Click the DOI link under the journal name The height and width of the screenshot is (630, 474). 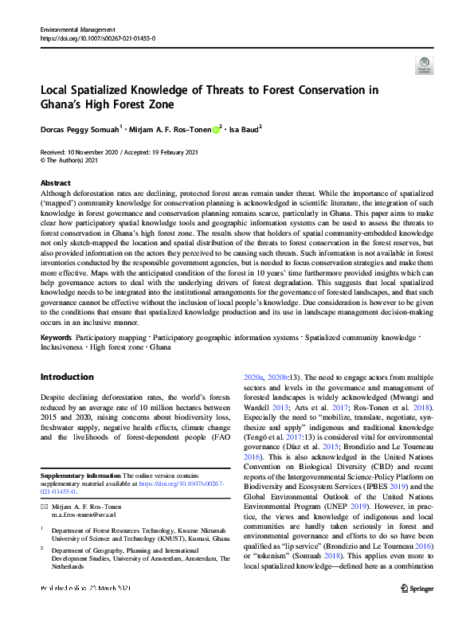pos(97,38)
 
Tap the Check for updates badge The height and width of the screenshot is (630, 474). pos(424,66)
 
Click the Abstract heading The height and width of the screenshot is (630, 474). pos(55,182)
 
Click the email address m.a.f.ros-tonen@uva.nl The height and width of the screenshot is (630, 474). pos(90,515)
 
